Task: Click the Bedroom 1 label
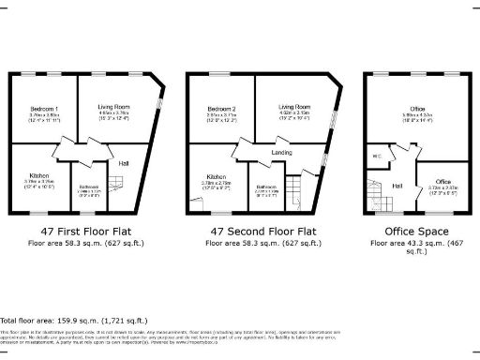[x=43, y=110]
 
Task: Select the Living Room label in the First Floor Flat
[x=113, y=108]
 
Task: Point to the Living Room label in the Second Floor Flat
[x=294, y=108]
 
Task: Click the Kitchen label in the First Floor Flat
[x=39, y=175]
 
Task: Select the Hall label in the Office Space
[x=397, y=185]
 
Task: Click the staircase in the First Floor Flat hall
[x=117, y=185]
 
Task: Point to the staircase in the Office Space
[x=379, y=197]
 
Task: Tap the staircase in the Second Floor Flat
[x=293, y=192]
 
